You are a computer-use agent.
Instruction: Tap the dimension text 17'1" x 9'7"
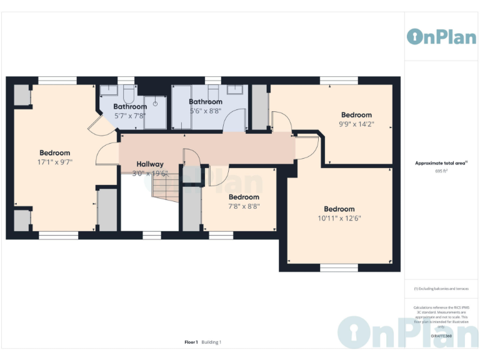[55, 162]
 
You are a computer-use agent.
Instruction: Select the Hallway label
[150, 164]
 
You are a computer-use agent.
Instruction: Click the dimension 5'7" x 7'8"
[130, 116]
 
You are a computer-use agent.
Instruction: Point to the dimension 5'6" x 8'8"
[206, 111]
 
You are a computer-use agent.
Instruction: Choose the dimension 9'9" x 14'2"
[356, 124]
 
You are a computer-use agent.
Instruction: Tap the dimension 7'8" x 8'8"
[244, 206]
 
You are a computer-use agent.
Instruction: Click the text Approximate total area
[441, 162]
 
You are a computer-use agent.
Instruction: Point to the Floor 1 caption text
[191, 342]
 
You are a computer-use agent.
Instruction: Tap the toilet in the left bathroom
[129, 94]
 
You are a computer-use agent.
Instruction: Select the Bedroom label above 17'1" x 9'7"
[55, 153]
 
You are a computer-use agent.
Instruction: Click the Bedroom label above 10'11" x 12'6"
[339, 209]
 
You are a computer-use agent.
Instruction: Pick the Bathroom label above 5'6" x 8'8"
[206, 102]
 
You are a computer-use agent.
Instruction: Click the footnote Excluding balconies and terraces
[441, 289]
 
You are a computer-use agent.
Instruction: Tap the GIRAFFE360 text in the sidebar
[441, 336]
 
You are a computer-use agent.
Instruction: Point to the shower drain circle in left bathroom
[154, 104]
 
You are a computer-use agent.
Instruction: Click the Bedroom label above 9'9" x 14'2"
[356, 115]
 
